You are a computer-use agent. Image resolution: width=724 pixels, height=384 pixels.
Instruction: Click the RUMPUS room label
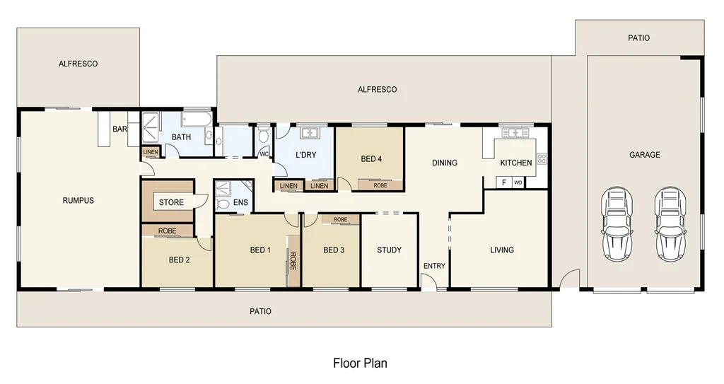(x=78, y=201)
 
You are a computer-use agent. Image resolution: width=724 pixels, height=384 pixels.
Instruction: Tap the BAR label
(x=119, y=129)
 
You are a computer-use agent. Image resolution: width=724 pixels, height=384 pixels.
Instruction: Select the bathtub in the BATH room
(x=197, y=119)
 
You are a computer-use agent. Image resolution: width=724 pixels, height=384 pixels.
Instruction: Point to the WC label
(x=264, y=153)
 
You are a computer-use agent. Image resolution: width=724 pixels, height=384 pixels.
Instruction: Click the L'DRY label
(x=305, y=154)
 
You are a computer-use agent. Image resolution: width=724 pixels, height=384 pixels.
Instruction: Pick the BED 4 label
(x=371, y=159)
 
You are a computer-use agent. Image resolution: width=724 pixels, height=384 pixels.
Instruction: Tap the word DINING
(x=445, y=163)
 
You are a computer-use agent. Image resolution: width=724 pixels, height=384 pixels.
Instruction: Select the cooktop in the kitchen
(x=542, y=159)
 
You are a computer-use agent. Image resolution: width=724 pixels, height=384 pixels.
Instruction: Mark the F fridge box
(x=504, y=182)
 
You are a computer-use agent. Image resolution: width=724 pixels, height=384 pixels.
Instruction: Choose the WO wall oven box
(x=518, y=182)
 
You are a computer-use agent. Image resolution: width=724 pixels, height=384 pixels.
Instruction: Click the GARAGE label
(x=645, y=155)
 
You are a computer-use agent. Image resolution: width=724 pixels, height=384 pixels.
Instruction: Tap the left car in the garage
(x=616, y=223)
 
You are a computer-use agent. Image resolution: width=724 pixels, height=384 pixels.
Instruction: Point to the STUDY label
(x=389, y=250)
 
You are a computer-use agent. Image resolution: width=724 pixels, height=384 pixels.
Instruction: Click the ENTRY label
(x=434, y=266)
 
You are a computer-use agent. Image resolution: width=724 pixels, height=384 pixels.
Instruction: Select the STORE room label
(x=171, y=203)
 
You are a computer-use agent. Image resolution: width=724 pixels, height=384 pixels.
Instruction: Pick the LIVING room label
(x=502, y=250)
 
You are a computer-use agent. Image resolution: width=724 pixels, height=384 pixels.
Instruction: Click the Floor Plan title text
(x=360, y=363)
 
